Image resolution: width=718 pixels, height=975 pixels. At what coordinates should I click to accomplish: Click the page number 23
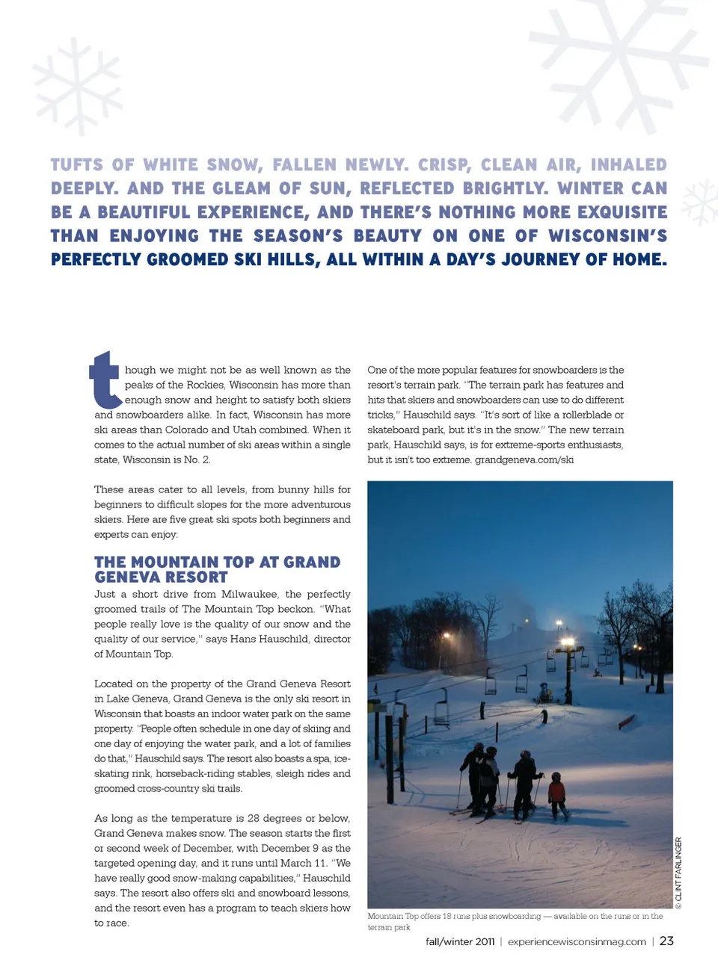(666, 941)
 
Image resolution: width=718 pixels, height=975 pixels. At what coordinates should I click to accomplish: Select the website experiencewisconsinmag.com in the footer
(577, 942)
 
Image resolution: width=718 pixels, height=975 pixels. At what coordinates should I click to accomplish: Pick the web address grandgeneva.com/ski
(524, 459)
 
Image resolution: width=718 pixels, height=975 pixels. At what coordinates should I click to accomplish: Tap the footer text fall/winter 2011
(460, 942)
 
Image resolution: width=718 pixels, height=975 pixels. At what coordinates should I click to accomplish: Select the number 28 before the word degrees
(254, 818)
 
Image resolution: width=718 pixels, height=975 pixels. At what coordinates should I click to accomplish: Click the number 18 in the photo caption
(447, 916)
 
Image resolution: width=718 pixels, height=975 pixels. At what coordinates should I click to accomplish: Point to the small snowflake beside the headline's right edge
(699, 201)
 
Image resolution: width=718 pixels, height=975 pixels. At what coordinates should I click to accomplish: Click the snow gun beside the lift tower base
(545, 693)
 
